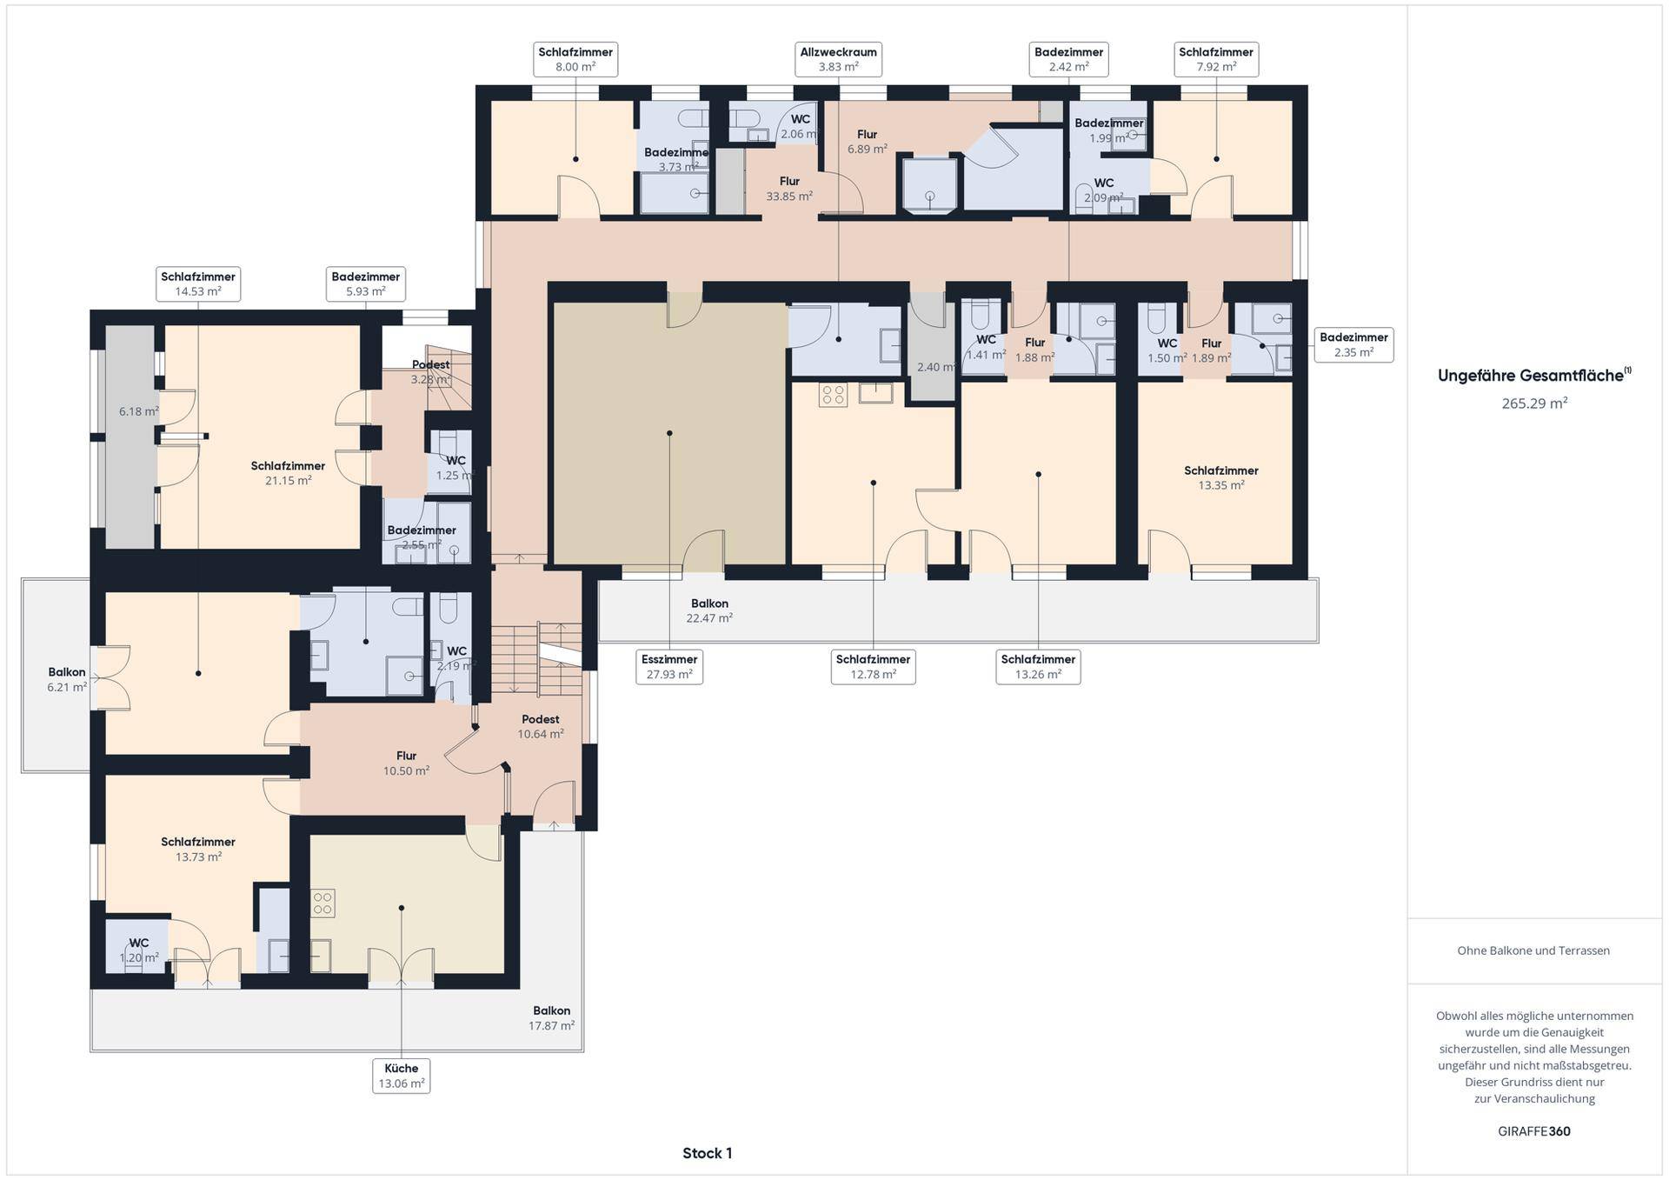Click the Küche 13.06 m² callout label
coord(401,1076)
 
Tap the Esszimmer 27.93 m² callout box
coord(669,667)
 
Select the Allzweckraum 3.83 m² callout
coord(838,59)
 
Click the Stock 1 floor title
coord(707,1153)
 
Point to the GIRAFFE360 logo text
coord(1534,1131)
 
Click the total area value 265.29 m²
coord(1534,403)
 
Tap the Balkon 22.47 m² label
coord(709,610)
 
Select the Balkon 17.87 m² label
coord(552,1018)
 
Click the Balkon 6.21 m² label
coord(67,679)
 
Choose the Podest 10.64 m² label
coord(541,726)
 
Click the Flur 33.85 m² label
coord(789,189)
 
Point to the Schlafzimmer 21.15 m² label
coord(288,473)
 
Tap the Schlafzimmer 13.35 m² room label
coord(1220,477)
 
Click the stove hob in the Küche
coord(322,903)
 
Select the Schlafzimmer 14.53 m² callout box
coord(198,284)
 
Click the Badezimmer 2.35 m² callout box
coord(1353,345)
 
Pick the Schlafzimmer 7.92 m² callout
coord(1216,59)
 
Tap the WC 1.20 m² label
coord(139,950)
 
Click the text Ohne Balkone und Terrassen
coord(1533,950)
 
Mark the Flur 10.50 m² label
coord(406,763)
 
